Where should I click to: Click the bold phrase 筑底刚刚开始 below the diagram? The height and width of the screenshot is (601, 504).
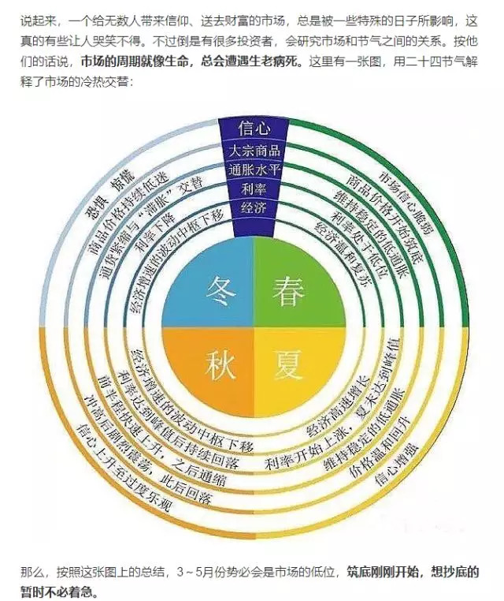click(x=384, y=572)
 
